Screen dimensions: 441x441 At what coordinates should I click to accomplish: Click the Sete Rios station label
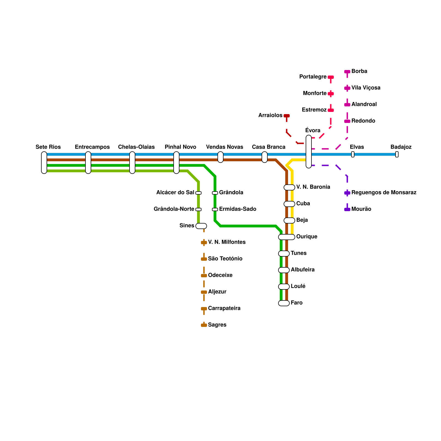pyautogui.click(x=48, y=147)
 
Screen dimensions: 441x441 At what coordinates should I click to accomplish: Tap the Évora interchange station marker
pyautogui.click(x=309, y=152)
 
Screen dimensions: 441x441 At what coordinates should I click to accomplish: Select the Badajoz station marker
pyautogui.click(x=397, y=154)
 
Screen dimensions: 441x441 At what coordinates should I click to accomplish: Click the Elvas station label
pyautogui.click(x=357, y=147)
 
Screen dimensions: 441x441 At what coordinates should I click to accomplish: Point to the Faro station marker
pyautogui.click(x=284, y=303)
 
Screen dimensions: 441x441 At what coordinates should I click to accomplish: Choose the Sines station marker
pyautogui.click(x=201, y=226)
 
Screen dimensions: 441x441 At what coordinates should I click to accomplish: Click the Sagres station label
pyautogui.click(x=217, y=325)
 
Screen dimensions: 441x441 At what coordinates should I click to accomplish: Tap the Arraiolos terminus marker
pyautogui.click(x=287, y=116)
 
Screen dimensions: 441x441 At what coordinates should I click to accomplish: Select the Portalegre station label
pyautogui.click(x=313, y=77)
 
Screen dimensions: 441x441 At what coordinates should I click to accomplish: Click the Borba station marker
pyautogui.click(x=347, y=72)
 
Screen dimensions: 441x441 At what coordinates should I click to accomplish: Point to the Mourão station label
pyautogui.click(x=361, y=209)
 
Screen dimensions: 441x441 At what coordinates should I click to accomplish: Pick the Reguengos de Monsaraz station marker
pyautogui.click(x=347, y=193)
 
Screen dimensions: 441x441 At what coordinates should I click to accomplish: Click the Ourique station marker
pyautogui.click(x=287, y=237)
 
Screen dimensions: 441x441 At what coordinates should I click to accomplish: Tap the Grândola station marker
pyautogui.click(x=215, y=193)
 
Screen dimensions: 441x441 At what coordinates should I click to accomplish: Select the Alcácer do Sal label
pyautogui.click(x=175, y=192)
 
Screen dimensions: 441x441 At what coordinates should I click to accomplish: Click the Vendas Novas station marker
pyautogui.click(x=220, y=157)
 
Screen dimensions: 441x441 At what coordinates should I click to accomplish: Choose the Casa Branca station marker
pyautogui.click(x=265, y=157)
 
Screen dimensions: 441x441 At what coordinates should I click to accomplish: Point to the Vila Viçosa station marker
pyautogui.click(x=347, y=88)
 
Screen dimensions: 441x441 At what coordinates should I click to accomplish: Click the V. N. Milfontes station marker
pyautogui.click(x=204, y=243)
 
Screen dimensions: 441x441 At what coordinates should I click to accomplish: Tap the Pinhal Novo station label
pyautogui.click(x=180, y=147)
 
